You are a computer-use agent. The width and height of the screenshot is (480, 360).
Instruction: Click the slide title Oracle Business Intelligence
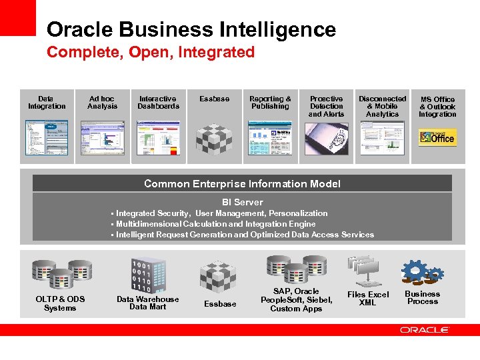pyautogui.click(x=191, y=29)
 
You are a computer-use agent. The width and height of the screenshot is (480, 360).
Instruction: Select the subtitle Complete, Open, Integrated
pyautogui.click(x=151, y=52)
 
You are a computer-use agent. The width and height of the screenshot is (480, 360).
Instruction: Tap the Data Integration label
pyautogui.click(x=47, y=102)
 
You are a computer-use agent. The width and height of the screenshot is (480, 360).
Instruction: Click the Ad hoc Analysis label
pyautogui.click(x=102, y=102)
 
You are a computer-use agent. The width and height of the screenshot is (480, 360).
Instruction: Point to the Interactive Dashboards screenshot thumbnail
pyautogui.click(x=158, y=137)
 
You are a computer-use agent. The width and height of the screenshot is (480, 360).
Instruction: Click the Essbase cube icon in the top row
pyautogui.click(x=214, y=137)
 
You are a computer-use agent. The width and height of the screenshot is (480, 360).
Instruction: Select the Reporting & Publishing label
pyautogui.click(x=270, y=102)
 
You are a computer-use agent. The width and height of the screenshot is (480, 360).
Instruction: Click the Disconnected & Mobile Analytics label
pyautogui.click(x=382, y=106)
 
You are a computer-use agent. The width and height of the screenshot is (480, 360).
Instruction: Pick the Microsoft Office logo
pyautogui.click(x=437, y=137)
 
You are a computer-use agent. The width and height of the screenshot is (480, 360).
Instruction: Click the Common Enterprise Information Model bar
pyautogui.click(x=242, y=184)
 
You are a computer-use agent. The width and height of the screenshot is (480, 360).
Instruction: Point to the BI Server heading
pyautogui.click(x=242, y=202)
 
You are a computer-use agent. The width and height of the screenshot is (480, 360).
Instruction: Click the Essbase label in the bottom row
pyautogui.click(x=220, y=304)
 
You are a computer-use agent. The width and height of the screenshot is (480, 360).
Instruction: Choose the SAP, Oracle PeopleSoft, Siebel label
pyautogui.click(x=296, y=300)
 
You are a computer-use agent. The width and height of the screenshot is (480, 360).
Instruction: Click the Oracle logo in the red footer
pyautogui.click(x=424, y=329)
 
